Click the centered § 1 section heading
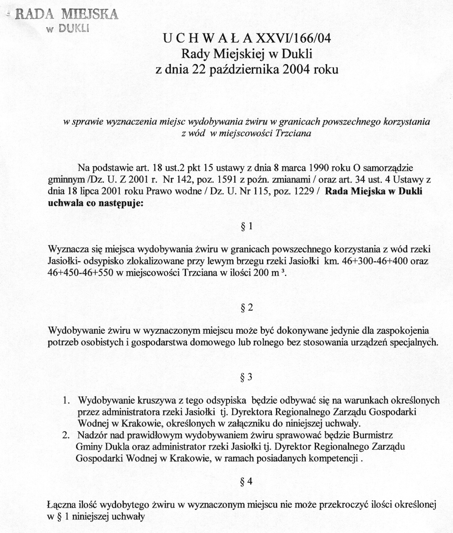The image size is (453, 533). (247, 227)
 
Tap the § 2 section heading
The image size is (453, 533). (247, 308)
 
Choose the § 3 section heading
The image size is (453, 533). (247, 377)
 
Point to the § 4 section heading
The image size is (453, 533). (247, 481)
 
